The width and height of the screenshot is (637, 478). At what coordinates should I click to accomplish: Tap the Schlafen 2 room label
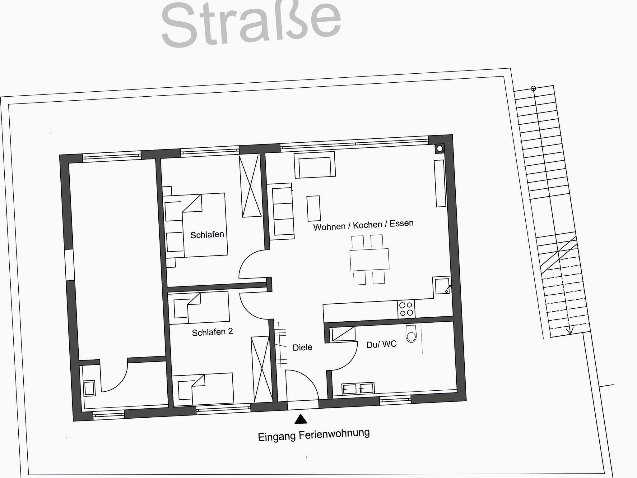(x=212, y=332)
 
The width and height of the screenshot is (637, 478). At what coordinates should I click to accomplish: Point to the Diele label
(x=302, y=347)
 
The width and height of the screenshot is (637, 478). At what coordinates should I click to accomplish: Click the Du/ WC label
(x=382, y=344)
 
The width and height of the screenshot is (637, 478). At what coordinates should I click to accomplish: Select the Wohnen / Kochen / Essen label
(x=363, y=225)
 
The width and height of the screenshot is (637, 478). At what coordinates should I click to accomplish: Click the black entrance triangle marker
(x=301, y=419)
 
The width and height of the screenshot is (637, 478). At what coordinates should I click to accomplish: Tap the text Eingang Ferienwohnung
(x=314, y=435)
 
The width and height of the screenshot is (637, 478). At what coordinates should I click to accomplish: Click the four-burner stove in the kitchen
(x=406, y=309)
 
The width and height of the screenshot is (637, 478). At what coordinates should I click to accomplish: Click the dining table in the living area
(x=370, y=260)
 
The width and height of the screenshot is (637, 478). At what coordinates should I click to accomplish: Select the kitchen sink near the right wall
(x=442, y=286)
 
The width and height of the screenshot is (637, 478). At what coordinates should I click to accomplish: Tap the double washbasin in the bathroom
(x=358, y=389)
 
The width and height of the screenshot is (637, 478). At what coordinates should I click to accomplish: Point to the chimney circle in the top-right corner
(x=439, y=149)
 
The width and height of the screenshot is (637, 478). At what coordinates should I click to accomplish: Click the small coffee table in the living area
(x=314, y=208)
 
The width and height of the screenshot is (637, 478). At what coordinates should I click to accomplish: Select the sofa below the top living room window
(x=315, y=165)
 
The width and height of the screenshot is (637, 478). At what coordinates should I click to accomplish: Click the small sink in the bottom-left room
(x=89, y=388)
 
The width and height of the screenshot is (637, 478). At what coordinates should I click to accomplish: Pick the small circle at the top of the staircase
(x=533, y=89)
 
